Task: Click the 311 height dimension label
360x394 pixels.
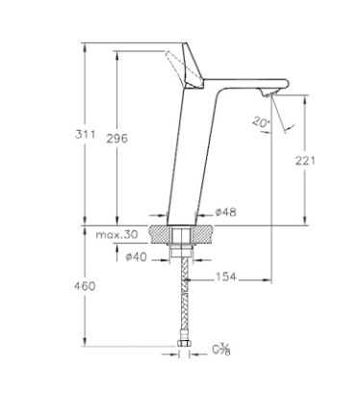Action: click(x=86, y=134)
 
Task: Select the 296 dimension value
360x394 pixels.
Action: click(x=117, y=139)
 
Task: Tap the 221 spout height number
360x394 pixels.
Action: click(x=305, y=161)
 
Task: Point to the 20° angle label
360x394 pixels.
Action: click(x=262, y=122)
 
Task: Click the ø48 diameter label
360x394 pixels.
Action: click(x=225, y=212)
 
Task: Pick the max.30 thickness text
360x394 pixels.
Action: click(x=116, y=234)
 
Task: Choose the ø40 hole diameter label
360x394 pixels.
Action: click(x=137, y=257)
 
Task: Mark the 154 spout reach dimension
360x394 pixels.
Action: click(x=226, y=276)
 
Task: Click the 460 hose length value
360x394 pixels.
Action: click(x=85, y=286)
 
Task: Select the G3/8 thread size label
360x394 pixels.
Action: click(x=221, y=350)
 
